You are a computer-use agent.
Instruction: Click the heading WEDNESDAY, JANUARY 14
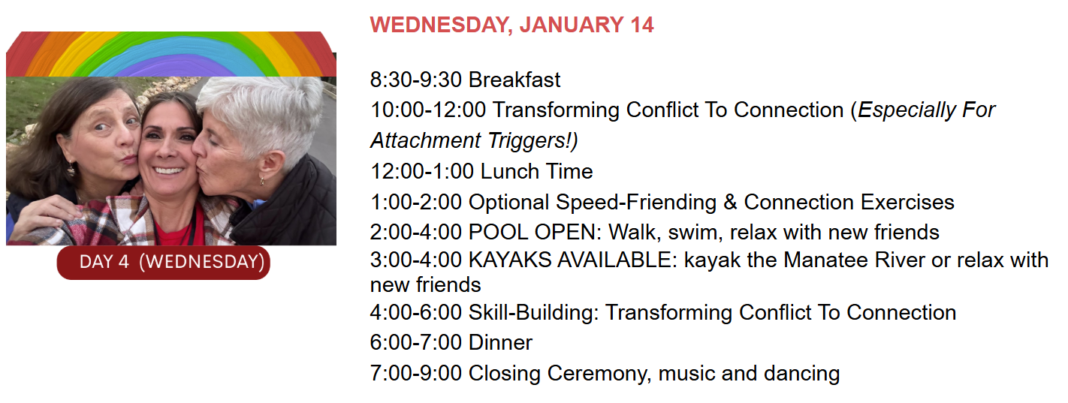click(511, 26)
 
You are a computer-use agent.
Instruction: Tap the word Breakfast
click(514, 80)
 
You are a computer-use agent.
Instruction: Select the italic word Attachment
click(426, 140)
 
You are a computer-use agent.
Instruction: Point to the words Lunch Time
click(536, 172)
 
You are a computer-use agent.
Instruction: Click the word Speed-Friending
click(636, 203)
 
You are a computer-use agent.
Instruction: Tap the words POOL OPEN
click(532, 233)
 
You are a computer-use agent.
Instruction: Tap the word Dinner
click(501, 342)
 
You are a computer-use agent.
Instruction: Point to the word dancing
click(801, 374)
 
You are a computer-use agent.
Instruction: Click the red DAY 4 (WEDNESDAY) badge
click(164, 263)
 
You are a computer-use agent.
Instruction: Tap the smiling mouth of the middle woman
click(167, 170)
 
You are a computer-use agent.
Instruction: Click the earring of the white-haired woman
click(262, 181)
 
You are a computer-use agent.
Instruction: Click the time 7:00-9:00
click(416, 374)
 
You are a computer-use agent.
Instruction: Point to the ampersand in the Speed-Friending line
click(730, 203)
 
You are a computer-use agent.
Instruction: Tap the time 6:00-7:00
click(416, 342)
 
